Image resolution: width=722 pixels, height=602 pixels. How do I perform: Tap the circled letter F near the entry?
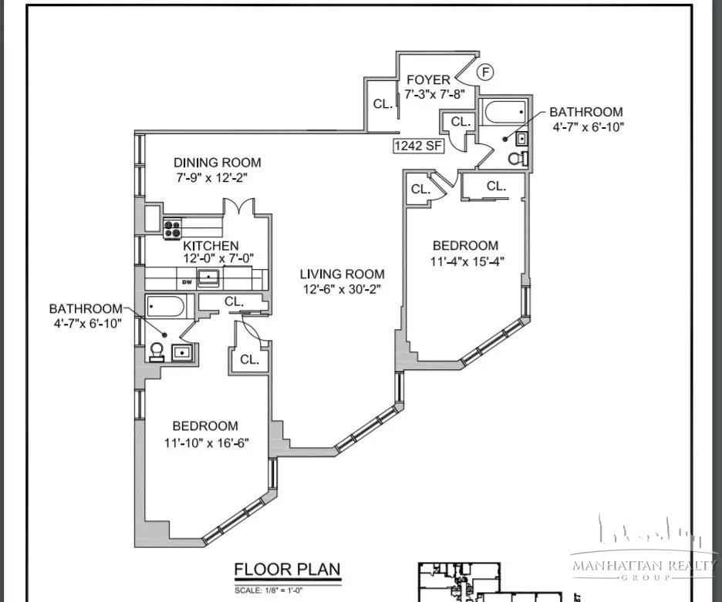pos(484,72)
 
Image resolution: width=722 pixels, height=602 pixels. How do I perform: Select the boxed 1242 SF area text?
pos(419,146)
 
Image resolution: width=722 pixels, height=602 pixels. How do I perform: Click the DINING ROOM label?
pos(217,163)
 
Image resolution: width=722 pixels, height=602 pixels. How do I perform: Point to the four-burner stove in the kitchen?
pos(172,227)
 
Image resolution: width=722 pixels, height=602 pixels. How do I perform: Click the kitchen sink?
pos(208,278)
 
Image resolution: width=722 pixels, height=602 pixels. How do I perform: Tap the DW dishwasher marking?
pos(186,282)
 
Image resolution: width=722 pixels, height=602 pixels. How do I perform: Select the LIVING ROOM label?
pos(342,274)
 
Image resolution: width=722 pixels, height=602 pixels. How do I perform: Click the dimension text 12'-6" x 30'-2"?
pos(342,289)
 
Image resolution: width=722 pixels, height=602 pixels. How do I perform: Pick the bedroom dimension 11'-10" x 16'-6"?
pos(205,442)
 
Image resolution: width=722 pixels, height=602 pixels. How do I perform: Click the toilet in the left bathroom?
pos(157,351)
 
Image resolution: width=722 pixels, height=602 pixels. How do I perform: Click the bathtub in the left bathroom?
pos(164,308)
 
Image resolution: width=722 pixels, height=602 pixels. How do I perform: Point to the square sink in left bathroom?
pos(182,353)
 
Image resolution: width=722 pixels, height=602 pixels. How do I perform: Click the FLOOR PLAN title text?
pos(287,570)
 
